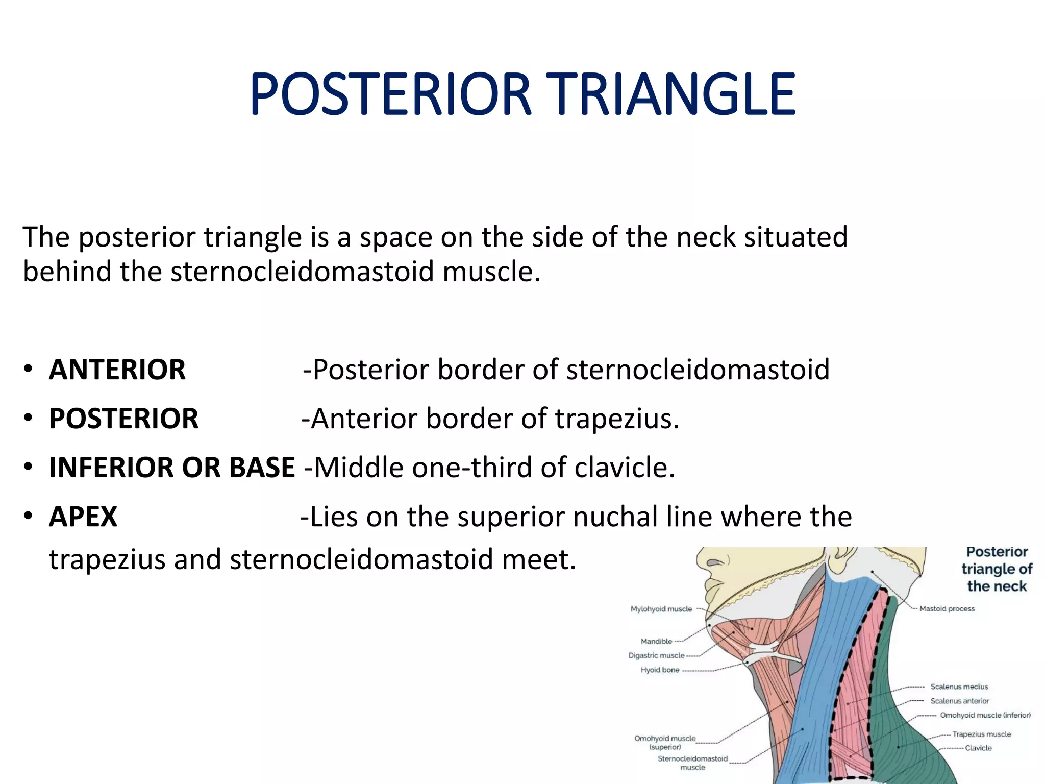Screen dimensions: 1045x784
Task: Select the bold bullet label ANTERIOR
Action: tap(117, 370)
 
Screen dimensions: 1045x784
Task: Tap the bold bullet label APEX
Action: tap(83, 517)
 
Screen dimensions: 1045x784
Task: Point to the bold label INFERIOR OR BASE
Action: tap(172, 468)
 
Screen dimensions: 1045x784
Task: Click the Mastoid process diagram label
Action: tap(947, 609)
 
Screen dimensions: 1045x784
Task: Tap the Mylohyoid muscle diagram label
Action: tap(661, 609)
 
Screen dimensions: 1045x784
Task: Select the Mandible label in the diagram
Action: tap(656, 642)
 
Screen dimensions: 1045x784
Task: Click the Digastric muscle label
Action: tap(656, 655)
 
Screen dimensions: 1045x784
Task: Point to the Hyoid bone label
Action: tap(660, 670)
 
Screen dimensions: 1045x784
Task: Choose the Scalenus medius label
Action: tap(959, 687)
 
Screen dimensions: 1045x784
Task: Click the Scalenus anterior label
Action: tap(959, 701)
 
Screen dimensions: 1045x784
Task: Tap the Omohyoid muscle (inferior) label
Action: tap(985, 715)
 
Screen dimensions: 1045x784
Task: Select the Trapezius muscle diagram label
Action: tap(981, 734)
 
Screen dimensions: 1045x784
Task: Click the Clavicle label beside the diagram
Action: tap(978, 748)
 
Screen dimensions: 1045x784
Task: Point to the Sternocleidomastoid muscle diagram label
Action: tap(692, 763)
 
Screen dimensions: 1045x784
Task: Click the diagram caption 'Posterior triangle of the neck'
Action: tap(997, 569)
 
